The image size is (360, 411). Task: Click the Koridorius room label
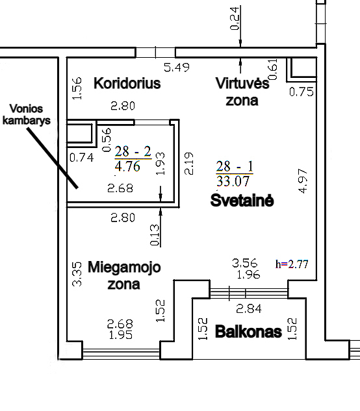tap(127, 83)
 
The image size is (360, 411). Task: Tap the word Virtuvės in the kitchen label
tap(242, 83)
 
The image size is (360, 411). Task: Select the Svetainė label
tap(242, 201)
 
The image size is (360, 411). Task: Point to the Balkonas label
tap(248, 332)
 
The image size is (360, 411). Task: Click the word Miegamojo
tap(124, 268)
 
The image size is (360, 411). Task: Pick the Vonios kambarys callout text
tap(26, 114)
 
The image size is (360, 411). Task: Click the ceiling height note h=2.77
tap(292, 264)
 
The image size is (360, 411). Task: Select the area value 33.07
tap(233, 181)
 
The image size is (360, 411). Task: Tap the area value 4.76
tap(127, 166)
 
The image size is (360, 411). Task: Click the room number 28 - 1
tap(235, 166)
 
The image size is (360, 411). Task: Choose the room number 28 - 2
tap(133, 151)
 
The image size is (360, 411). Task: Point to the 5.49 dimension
tap(177, 68)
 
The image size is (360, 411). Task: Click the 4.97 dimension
tap(303, 181)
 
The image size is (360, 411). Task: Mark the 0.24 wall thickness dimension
tap(235, 18)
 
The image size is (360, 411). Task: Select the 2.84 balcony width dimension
tap(249, 309)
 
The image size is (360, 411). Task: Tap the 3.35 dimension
tap(77, 274)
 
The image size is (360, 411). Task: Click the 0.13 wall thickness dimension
tap(155, 235)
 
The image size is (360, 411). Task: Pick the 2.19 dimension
tap(189, 164)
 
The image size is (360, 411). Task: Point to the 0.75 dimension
tap(302, 92)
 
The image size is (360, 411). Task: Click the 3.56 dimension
tap(245, 263)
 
